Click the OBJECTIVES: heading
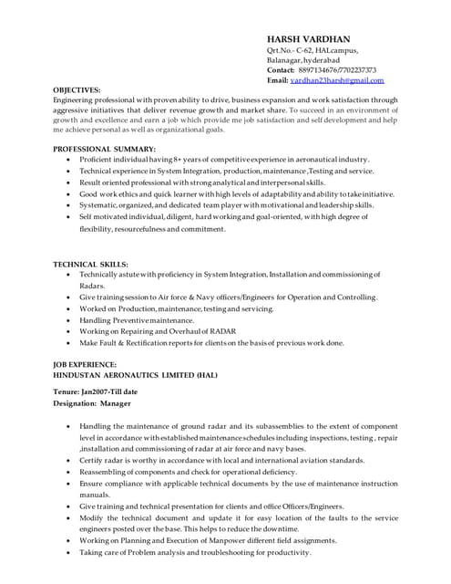point(77,90)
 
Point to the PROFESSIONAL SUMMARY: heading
point(104,148)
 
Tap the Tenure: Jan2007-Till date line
point(96,391)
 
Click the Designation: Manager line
point(92,402)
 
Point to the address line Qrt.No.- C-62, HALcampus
point(313,50)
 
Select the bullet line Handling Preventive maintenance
point(137,320)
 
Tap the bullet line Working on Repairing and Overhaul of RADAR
point(158,331)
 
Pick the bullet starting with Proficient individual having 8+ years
point(223,159)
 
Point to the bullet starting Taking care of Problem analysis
point(195,552)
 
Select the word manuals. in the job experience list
point(95,495)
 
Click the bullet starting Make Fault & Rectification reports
point(211,343)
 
